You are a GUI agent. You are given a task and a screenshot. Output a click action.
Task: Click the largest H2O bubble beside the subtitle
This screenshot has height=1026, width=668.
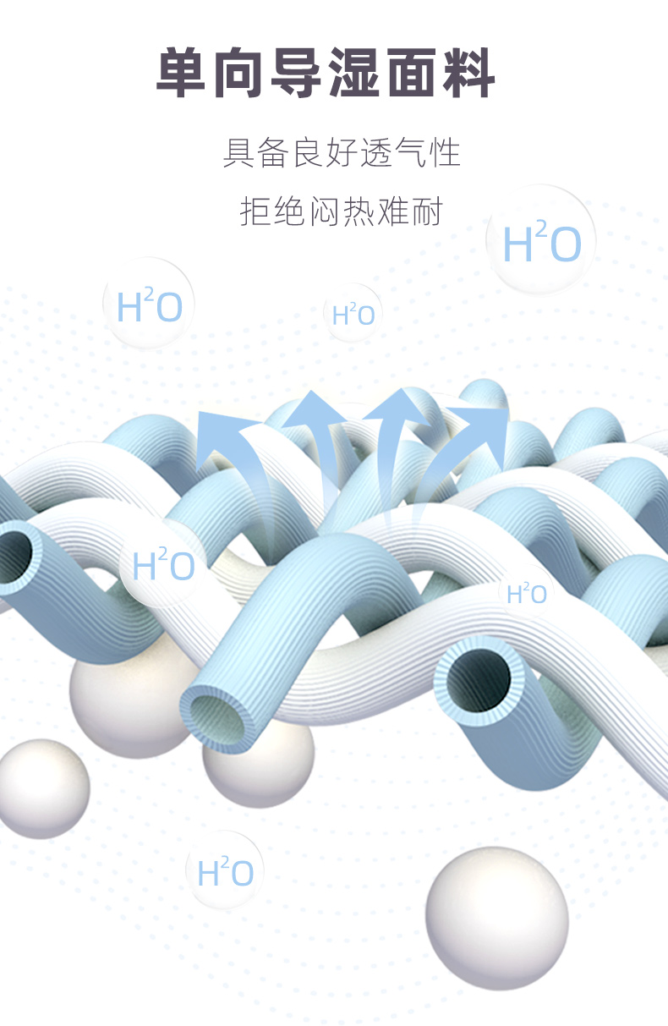542,241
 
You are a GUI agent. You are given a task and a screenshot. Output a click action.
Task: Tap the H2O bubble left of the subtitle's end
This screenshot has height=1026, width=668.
149,305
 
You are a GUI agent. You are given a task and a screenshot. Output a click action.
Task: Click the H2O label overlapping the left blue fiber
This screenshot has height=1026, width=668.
163,565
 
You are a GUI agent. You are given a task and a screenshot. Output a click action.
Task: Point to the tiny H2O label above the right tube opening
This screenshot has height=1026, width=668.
526,594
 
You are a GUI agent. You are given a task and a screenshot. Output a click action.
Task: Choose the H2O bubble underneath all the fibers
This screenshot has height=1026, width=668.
225,871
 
